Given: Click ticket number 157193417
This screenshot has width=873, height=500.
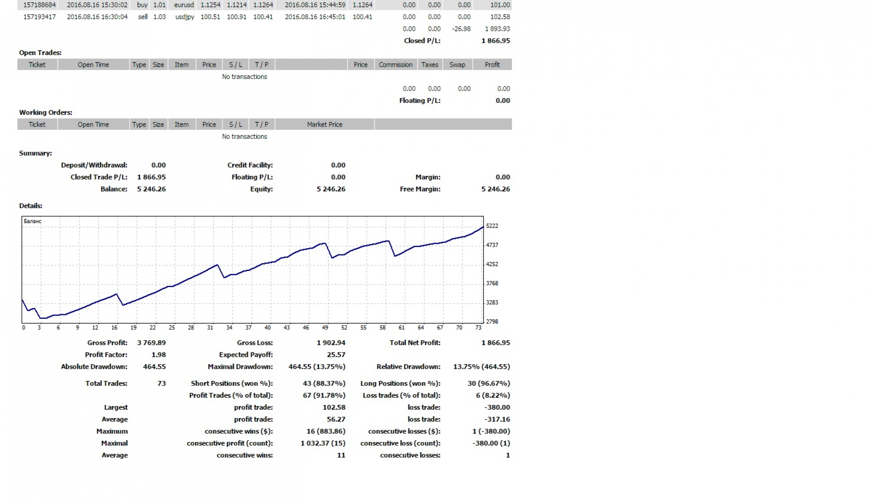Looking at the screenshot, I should click(x=39, y=17).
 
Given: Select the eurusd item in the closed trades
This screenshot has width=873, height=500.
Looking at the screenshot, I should click(x=184, y=5).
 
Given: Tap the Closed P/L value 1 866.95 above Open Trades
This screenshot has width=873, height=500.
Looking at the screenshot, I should click(x=495, y=41).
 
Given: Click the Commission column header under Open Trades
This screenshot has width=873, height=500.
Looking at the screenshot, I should click(x=395, y=65).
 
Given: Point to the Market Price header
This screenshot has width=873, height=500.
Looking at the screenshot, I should click(x=324, y=124).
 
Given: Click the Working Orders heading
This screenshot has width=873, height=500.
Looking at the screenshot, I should click(x=45, y=113).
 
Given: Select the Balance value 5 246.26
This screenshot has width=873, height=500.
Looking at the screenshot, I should click(x=151, y=189).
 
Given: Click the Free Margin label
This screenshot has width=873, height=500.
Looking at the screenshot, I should click(x=420, y=189).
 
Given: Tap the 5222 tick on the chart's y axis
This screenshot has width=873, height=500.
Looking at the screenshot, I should click(x=492, y=226).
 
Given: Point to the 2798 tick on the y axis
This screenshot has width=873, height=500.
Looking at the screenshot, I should click(x=492, y=322).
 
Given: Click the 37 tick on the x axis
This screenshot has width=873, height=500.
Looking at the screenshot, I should click(x=248, y=328).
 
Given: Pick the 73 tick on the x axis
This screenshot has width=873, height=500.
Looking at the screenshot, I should click(x=478, y=328).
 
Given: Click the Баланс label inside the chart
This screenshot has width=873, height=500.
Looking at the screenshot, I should click(x=33, y=221).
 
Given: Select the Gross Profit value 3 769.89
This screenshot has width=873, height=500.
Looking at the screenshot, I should click(x=151, y=343).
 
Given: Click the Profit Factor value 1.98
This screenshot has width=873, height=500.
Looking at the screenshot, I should click(x=158, y=355).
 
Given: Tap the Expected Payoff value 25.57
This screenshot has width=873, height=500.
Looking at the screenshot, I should click(x=336, y=355).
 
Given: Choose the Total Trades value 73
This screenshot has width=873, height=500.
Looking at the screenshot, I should click(x=162, y=384).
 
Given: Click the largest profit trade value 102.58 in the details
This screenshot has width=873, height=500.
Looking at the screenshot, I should click(x=334, y=408).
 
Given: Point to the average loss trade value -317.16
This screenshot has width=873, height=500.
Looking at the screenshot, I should click(x=497, y=419).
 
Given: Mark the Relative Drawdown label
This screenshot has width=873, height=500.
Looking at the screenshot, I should click(x=408, y=367).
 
